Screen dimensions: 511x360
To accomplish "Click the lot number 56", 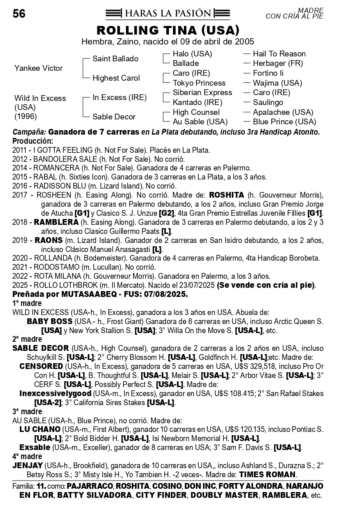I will tap(19, 14).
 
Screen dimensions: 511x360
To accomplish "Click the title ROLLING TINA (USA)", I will tap(168, 30).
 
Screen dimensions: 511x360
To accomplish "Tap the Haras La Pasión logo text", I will tap(167, 14).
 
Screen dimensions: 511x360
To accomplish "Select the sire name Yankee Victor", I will tap(39, 68).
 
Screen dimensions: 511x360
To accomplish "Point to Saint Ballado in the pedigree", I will tap(115, 59).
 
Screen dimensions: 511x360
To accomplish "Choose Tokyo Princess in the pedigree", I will tap(199, 83).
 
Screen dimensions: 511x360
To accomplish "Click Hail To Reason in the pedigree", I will tap(279, 54).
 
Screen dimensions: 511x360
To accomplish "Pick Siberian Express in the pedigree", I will tap(202, 93).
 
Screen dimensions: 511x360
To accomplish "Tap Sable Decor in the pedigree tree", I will tap(114, 117).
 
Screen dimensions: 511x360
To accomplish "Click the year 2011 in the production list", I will tap(20, 150).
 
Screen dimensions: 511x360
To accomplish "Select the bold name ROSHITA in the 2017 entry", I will tap(226, 195).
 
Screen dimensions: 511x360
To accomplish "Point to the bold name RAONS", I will tap(49, 240).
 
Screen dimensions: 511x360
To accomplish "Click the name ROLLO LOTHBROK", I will tap(64, 285).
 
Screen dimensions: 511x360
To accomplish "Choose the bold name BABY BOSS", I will tap(50, 321).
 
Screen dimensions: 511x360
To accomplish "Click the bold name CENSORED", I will tap(41, 366).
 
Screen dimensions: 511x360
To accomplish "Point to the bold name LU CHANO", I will tap(40, 429).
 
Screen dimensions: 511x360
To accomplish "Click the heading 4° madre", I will tap(27, 457).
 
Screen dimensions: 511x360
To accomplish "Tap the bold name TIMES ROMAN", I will tap(267, 474).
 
